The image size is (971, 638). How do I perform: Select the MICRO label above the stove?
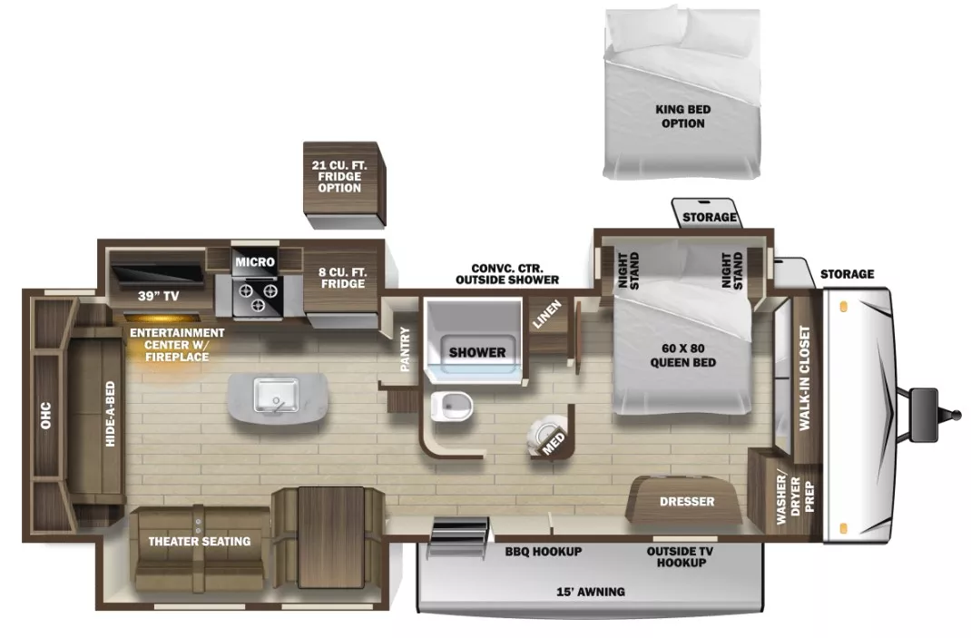click(x=254, y=262)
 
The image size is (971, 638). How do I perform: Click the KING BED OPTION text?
click(x=682, y=116)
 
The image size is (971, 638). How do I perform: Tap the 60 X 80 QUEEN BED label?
click(x=683, y=356)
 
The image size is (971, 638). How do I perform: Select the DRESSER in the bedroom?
click(x=686, y=502)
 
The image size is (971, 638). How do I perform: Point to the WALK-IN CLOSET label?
click(x=804, y=378)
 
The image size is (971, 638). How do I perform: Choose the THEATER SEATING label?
click(x=199, y=542)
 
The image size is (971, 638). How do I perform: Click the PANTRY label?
click(x=406, y=349)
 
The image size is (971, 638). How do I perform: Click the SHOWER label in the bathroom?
click(x=476, y=352)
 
